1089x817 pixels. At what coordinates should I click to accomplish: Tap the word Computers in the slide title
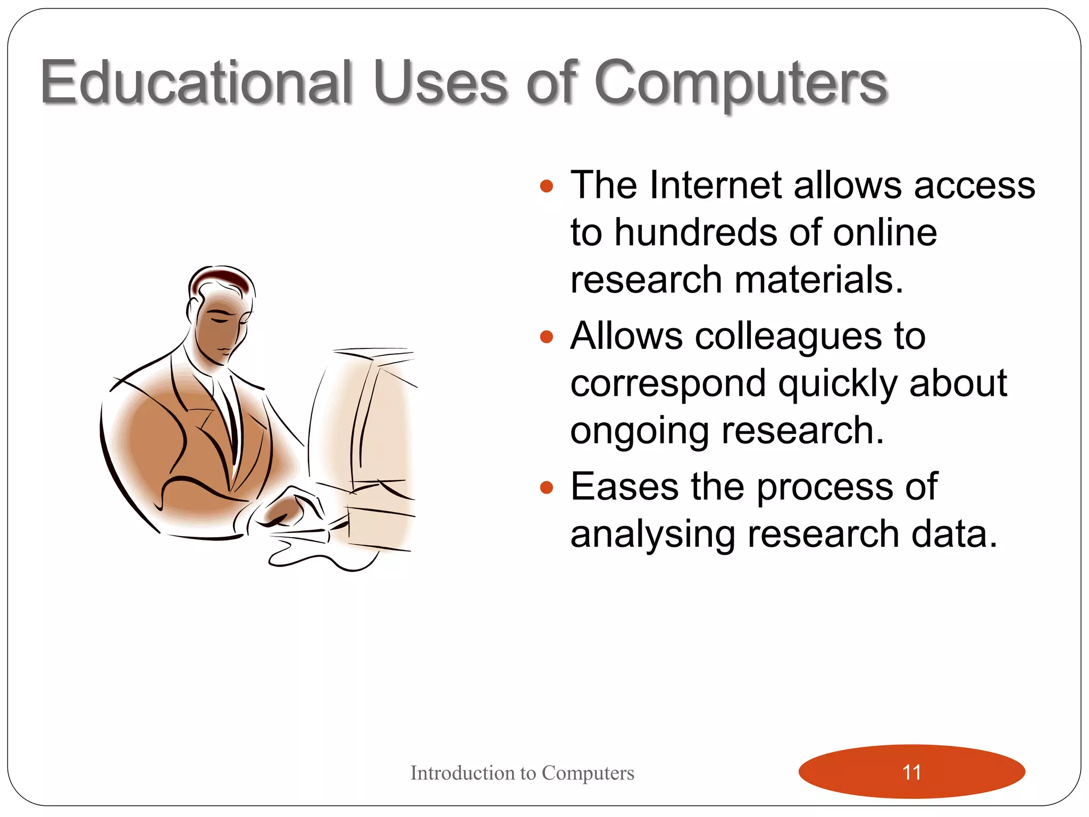pyautogui.click(x=740, y=82)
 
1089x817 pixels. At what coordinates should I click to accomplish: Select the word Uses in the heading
pyautogui.click(x=440, y=82)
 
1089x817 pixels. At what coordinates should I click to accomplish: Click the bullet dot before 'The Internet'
pyautogui.click(x=546, y=186)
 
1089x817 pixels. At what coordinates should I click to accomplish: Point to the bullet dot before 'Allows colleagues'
pyautogui.click(x=546, y=337)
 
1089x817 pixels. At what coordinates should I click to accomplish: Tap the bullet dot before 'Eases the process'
pyautogui.click(x=546, y=487)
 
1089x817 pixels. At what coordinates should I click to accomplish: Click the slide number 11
pyautogui.click(x=911, y=772)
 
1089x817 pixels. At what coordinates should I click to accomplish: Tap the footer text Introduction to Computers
pyautogui.click(x=522, y=773)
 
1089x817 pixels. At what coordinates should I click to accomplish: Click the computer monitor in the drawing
pyautogui.click(x=367, y=420)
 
